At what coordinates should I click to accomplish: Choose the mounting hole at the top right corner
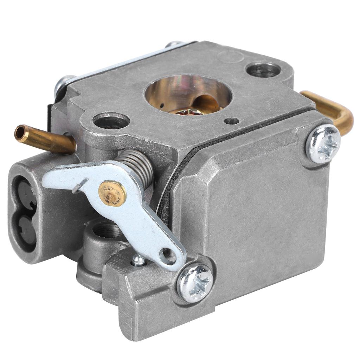263,69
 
